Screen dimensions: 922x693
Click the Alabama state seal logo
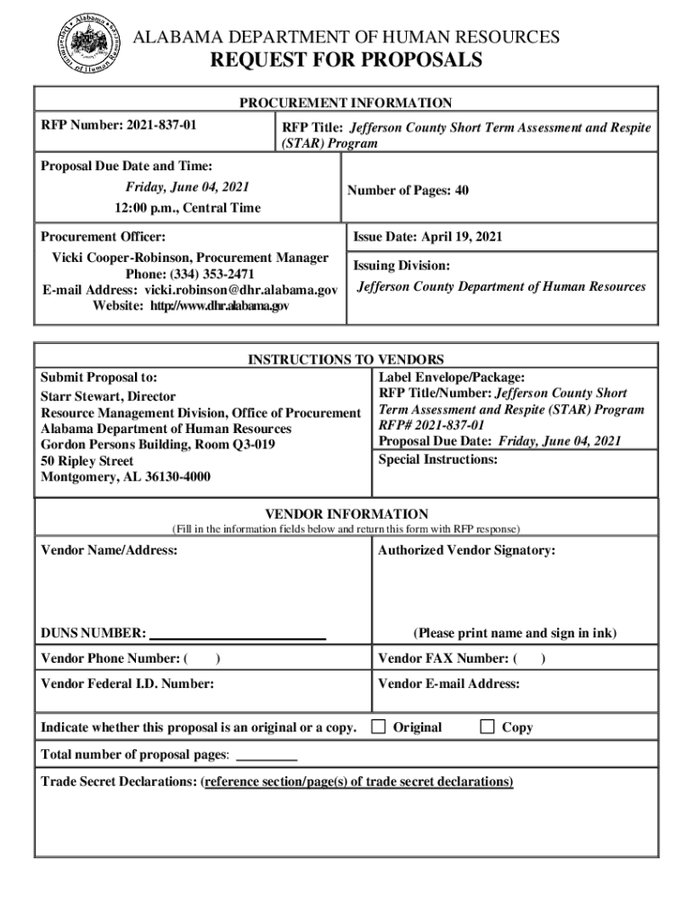(x=88, y=44)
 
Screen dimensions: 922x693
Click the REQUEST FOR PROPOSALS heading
(x=346, y=61)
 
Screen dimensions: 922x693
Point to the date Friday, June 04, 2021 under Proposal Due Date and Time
(x=187, y=187)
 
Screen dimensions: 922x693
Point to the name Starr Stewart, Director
(x=108, y=396)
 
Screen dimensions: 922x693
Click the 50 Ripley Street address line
(x=87, y=461)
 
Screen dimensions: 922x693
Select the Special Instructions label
(x=437, y=459)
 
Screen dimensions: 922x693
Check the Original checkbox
(x=379, y=726)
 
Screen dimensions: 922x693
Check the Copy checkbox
(x=487, y=726)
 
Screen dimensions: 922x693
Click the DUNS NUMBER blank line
(x=237, y=634)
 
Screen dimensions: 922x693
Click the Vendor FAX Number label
(x=445, y=658)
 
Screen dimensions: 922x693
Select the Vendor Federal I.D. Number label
(x=128, y=684)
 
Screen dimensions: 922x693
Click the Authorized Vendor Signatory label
(x=466, y=550)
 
